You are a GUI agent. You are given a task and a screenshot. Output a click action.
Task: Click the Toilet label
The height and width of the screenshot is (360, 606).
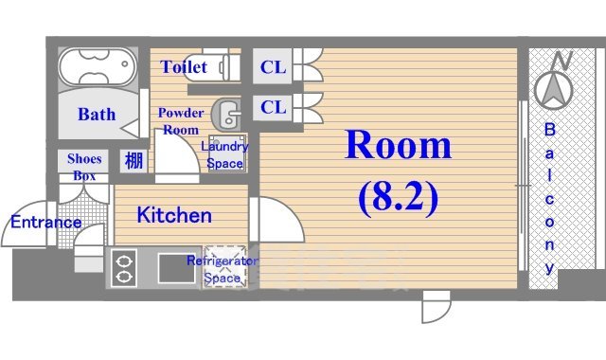coord(184,67)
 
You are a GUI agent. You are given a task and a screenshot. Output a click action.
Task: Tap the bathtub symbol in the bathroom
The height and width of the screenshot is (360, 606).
coord(98,68)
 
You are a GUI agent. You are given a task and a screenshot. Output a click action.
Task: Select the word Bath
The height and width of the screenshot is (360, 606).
coord(97,115)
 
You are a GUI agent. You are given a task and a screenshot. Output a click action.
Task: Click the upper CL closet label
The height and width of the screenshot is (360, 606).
coord(273,66)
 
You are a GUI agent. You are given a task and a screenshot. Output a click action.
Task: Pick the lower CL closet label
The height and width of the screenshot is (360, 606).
coord(273,107)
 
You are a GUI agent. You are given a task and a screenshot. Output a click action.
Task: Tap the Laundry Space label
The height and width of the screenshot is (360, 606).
coord(225,154)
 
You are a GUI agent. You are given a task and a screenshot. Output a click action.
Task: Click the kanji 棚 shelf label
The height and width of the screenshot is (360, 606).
coord(134,160)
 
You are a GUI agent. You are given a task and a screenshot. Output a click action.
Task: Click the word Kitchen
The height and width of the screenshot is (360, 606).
coord(175,215)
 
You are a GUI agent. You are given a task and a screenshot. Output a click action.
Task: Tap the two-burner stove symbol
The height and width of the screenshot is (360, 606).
coord(124,268)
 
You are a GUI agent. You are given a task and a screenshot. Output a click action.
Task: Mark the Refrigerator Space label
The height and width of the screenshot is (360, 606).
coord(224,269)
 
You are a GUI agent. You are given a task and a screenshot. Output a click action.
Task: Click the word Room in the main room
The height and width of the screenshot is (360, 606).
coord(398,145)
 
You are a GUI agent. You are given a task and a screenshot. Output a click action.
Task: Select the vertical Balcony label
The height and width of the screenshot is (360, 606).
coord(550,199)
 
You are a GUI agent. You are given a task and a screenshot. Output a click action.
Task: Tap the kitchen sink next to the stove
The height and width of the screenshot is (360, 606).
coord(173,268)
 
